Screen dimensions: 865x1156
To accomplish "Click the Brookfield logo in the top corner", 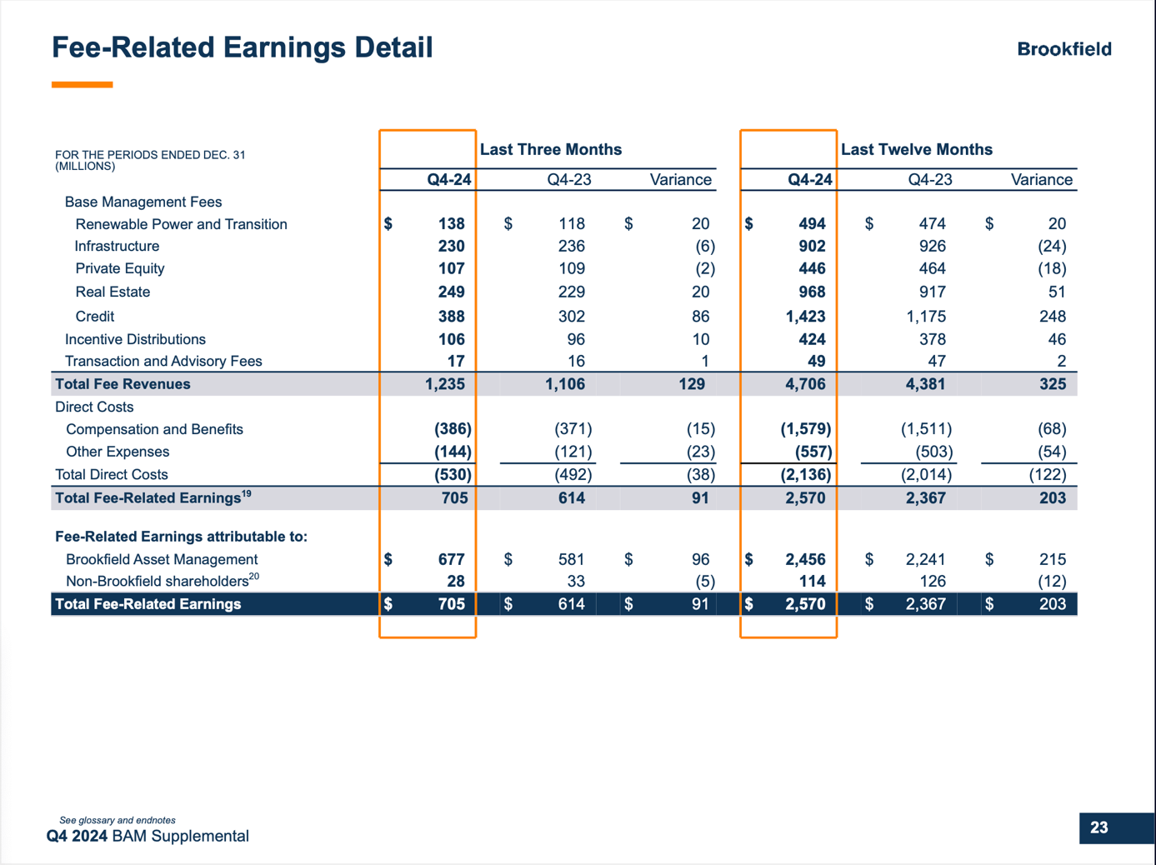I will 1063,49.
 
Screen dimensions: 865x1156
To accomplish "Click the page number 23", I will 1098,827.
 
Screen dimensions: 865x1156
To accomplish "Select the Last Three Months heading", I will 550,149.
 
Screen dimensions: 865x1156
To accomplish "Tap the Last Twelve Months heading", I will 916,149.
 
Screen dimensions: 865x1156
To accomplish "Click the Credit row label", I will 94,317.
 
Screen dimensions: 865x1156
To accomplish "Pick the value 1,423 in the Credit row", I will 804,317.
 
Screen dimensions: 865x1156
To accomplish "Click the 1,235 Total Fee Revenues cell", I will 444,384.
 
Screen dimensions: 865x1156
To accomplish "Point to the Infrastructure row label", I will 117,247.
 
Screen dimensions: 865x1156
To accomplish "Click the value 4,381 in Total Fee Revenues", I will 925,384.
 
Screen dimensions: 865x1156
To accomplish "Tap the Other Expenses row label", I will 118,452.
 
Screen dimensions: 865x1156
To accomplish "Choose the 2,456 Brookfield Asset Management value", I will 804,559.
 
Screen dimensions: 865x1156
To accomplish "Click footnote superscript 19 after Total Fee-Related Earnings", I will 246,494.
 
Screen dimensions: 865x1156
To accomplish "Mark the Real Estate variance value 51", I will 1056,292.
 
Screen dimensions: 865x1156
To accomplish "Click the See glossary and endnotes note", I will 118,820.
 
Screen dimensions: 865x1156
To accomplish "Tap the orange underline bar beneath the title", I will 82,84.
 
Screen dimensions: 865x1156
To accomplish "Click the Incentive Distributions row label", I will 135,339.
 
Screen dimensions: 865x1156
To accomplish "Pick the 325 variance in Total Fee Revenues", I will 1052,384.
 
